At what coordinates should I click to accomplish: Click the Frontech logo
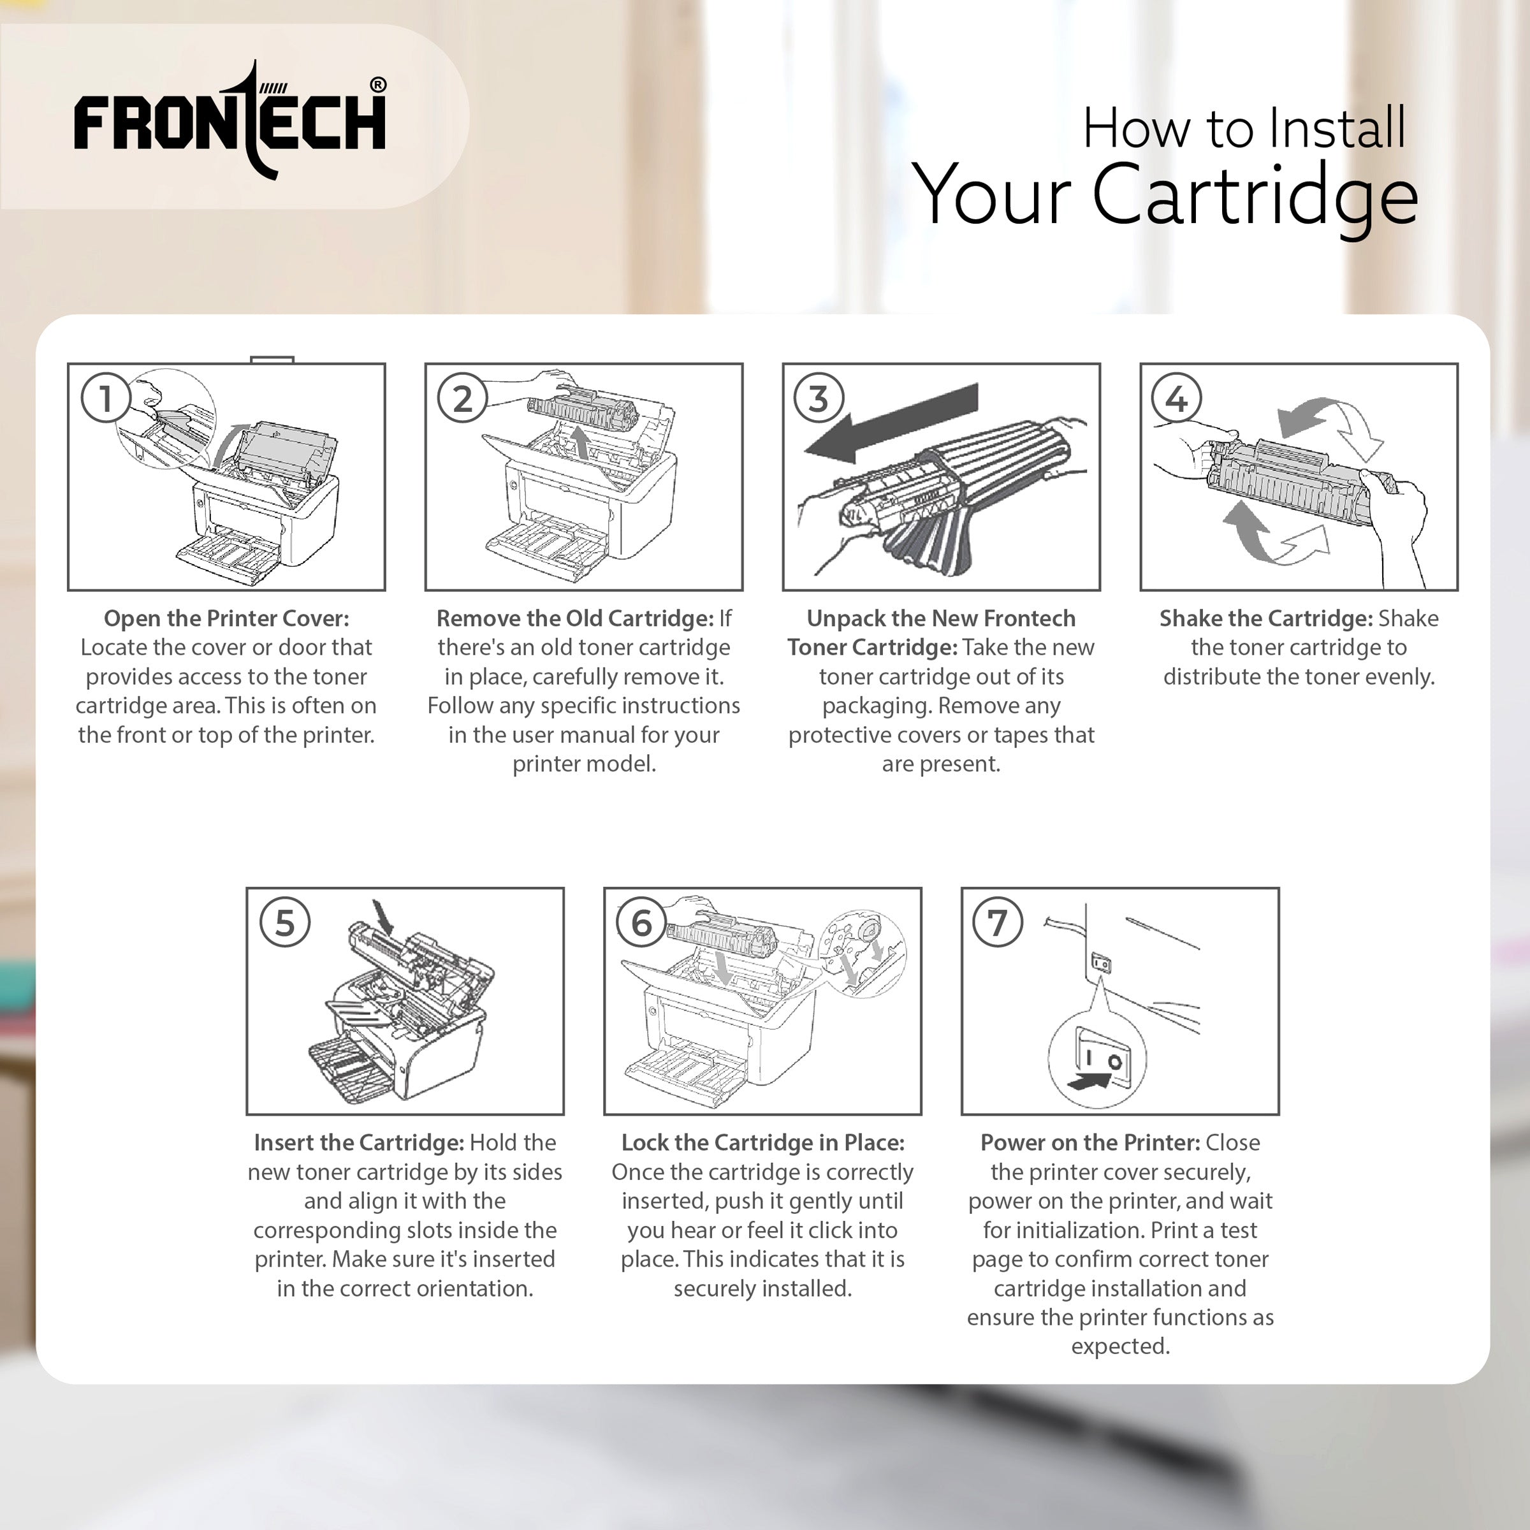click(230, 120)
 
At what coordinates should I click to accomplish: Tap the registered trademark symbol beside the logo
click(379, 85)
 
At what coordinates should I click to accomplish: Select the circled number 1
click(105, 398)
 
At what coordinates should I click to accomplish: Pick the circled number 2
click(462, 398)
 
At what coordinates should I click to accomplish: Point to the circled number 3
click(819, 398)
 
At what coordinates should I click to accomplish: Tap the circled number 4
click(1177, 398)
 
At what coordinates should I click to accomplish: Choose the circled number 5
click(285, 922)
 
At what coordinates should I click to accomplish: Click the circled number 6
click(641, 922)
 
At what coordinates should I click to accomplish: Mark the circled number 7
click(998, 922)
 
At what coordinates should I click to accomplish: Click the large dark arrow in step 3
click(891, 424)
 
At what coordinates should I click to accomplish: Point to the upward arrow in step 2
click(582, 442)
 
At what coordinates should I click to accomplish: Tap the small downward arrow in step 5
click(383, 917)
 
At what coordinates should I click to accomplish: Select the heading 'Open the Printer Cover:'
click(226, 618)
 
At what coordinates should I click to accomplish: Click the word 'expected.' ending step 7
click(1121, 1346)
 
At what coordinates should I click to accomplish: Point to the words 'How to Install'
click(1244, 127)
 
